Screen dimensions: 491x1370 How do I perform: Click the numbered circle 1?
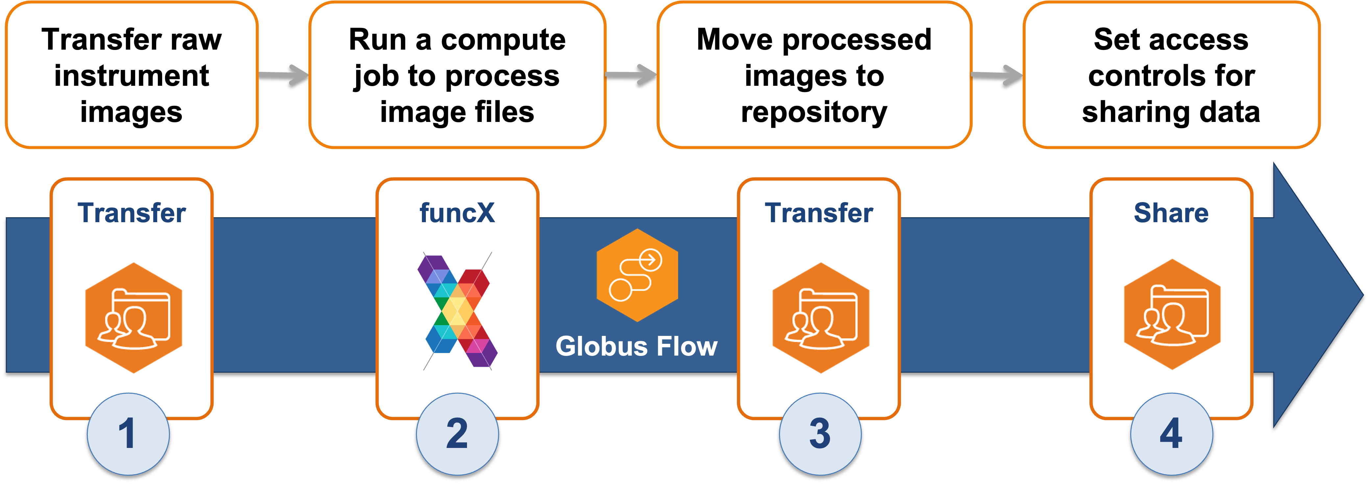pyautogui.click(x=128, y=433)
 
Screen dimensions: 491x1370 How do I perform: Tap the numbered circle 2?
pyautogui.click(x=457, y=433)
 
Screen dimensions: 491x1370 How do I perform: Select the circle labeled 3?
pyautogui.click(x=820, y=433)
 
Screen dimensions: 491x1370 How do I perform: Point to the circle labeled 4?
pyautogui.click(x=1172, y=433)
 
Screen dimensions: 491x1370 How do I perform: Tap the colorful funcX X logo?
pyautogui.click(x=457, y=311)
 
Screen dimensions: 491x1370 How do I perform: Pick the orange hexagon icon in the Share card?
pyautogui.click(x=1172, y=315)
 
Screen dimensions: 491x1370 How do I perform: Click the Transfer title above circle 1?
pyautogui.click(x=132, y=213)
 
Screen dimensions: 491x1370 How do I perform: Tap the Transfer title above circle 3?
pyautogui.click(x=819, y=213)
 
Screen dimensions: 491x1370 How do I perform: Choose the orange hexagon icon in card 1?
pyautogui.click(x=134, y=318)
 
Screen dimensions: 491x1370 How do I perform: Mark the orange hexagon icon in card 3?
pyautogui.click(x=820, y=318)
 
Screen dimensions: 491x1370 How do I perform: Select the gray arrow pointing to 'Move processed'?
pyautogui.click(x=632, y=74)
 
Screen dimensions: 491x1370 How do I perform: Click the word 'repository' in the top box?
pyautogui.click(x=814, y=112)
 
